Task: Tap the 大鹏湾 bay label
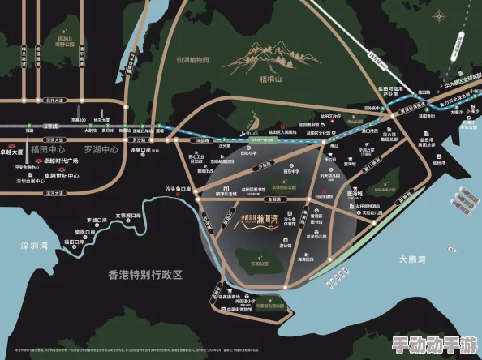click(413, 259)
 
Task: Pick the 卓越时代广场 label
click(60, 161)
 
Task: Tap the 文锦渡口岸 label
click(128, 216)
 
